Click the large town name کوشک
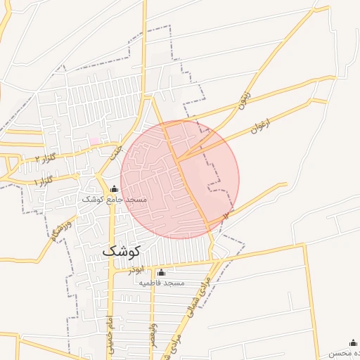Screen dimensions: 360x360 click(122, 250)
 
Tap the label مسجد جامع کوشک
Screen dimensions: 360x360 click(115, 200)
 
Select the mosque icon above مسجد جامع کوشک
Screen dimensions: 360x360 click(115, 188)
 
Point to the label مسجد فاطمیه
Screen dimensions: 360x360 click(161, 283)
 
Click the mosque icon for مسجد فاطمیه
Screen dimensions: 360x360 click(161, 272)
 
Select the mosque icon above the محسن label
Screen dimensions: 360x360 click(352, 342)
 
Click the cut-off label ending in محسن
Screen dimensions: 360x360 click(348, 353)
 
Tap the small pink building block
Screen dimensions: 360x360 click(94, 141)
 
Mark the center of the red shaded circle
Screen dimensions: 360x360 click(180, 179)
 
